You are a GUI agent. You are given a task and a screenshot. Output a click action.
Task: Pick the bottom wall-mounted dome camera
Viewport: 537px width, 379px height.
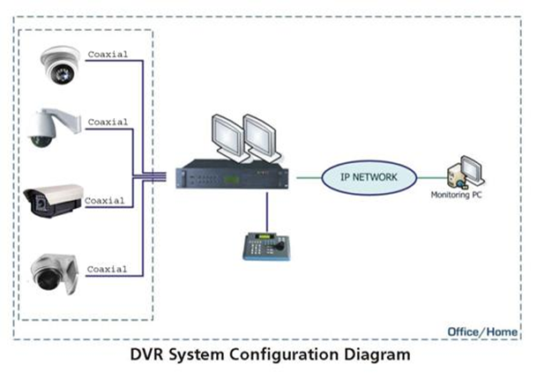(x=56, y=271)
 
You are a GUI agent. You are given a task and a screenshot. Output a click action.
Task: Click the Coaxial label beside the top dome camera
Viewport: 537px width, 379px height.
(x=108, y=55)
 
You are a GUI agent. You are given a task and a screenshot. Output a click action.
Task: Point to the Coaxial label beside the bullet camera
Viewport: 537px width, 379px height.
(x=105, y=201)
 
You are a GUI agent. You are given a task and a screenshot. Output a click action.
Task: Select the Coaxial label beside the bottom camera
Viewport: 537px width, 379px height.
(x=108, y=268)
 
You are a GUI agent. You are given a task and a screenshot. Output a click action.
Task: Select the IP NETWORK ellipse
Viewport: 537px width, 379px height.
(x=368, y=176)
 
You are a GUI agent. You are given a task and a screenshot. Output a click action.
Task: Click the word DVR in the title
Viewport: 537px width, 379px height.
(x=146, y=355)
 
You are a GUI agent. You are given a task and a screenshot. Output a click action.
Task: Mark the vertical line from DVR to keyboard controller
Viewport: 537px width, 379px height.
(x=266, y=212)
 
